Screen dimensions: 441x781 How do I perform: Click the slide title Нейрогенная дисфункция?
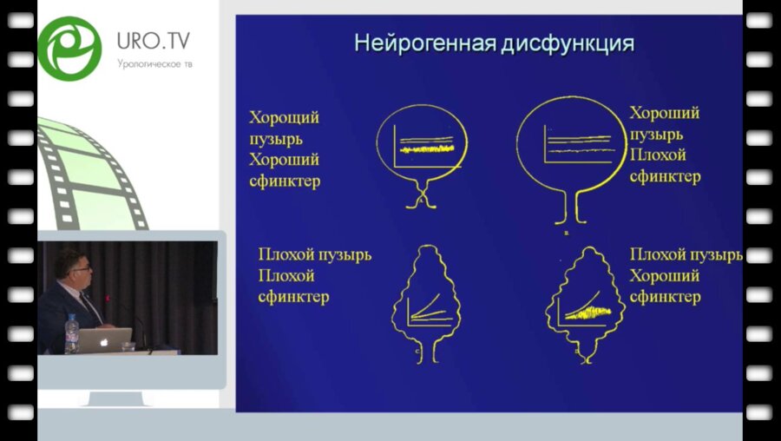pos(494,43)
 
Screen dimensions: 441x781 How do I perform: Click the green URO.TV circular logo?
pos(69,49)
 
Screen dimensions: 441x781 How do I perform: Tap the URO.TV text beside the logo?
pos(154,41)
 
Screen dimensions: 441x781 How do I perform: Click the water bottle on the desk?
pos(71,333)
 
